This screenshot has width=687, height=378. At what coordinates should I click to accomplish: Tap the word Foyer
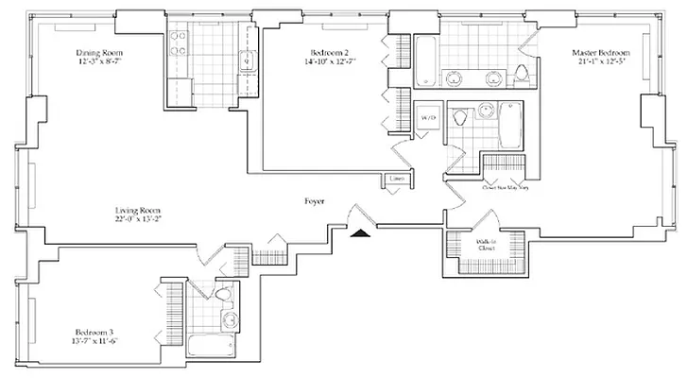(x=316, y=201)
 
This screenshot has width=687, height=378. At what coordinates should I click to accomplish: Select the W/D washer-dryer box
(x=427, y=119)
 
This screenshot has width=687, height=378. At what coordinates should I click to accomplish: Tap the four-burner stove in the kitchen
(x=178, y=41)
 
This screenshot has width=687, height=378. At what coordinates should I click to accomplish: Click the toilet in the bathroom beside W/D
(x=460, y=119)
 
